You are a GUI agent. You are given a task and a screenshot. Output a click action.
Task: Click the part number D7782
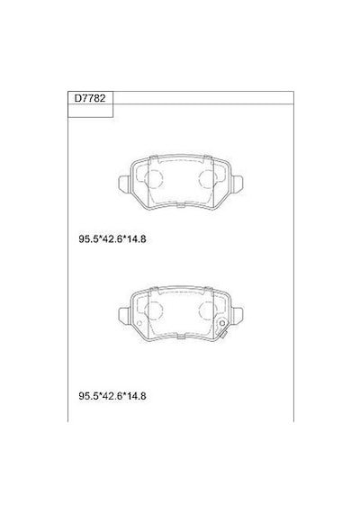point(90,98)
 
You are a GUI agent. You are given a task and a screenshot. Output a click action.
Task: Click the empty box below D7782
point(90,111)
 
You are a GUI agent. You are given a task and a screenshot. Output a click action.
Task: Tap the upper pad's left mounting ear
point(123,184)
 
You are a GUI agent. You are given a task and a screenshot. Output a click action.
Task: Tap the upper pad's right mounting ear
point(237,184)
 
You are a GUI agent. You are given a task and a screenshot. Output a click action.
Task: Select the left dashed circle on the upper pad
point(154,179)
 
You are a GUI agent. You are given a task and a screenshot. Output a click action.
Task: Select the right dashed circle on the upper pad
point(208,179)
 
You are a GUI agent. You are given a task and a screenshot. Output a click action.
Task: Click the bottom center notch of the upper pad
point(180,205)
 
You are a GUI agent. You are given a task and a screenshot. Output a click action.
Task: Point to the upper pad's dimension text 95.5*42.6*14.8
point(112,239)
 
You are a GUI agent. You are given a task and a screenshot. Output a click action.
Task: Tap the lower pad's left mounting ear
point(123,315)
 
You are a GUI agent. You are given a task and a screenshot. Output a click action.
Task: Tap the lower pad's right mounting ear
point(237,315)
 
